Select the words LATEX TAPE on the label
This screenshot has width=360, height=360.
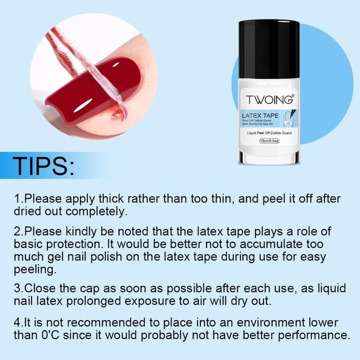pos(260,115)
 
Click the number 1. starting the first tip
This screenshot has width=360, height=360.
pos(18,198)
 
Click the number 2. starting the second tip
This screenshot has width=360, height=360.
pos(18,231)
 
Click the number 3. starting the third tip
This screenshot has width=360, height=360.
pos(18,288)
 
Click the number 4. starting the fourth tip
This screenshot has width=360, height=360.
pos(18,322)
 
